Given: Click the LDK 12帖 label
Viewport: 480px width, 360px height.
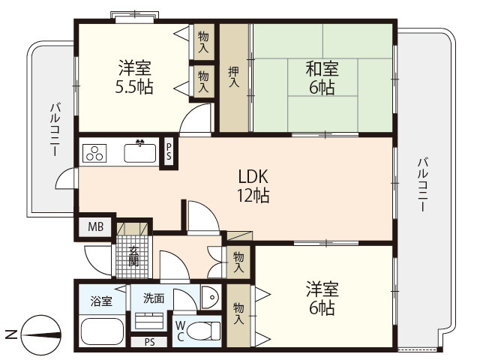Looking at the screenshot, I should click(253, 186).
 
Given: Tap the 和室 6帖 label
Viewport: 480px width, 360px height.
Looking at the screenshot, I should click(322, 78).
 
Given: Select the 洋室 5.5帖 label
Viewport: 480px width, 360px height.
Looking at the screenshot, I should click(135, 77).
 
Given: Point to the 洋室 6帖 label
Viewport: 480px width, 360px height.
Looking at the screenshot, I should click(322, 298).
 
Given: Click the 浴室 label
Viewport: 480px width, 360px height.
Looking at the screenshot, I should click(102, 301).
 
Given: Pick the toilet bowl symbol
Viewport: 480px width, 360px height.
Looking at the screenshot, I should click(203, 330).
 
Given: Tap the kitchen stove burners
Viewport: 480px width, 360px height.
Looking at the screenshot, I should click(95, 154).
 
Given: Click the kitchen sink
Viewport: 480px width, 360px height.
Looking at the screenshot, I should click(139, 153).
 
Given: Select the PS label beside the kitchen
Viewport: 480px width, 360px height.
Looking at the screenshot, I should click(169, 151).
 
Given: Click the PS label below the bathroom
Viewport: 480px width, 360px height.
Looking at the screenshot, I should click(150, 343).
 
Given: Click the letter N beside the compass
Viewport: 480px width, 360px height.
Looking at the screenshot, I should click(9, 334).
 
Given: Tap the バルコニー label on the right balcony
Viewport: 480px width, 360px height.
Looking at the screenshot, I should click(423, 184).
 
